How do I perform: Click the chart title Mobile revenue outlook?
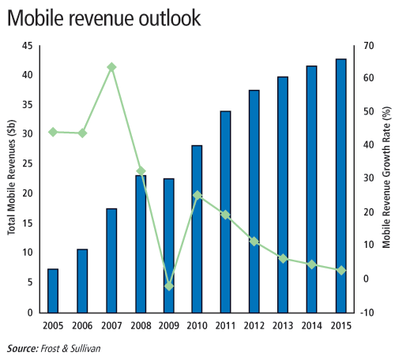point(104,18)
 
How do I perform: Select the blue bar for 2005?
point(53,291)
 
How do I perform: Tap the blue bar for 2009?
point(169,246)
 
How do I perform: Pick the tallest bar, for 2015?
point(341,186)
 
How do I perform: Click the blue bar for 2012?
point(254,201)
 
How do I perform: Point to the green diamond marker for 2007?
point(111,67)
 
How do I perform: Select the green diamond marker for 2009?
point(169,286)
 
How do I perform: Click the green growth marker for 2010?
point(197,196)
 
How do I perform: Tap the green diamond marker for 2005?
point(53,132)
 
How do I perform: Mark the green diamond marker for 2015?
point(341,270)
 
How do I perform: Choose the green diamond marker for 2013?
point(283,259)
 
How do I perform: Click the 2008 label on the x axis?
point(141,326)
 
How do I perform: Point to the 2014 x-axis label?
point(312,326)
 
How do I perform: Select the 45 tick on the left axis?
point(28,46)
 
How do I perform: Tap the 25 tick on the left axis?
point(28,163)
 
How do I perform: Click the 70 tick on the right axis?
point(369,46)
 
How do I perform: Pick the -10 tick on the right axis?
point(367,313)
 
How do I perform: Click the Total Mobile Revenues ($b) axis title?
point(12,178)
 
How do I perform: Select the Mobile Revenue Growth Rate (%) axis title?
point(386,177)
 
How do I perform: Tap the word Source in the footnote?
point(23,348)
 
